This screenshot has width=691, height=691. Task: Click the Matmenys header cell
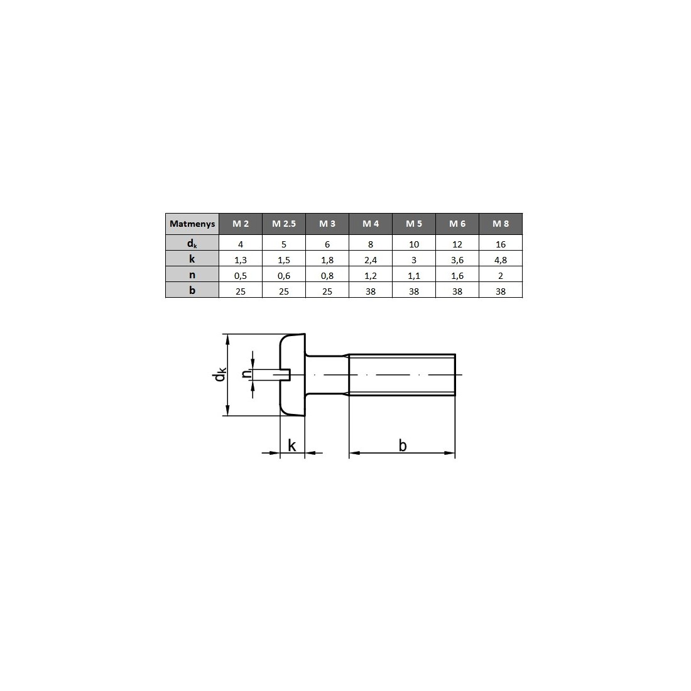(192, 224)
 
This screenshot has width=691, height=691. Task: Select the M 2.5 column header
(284, 224)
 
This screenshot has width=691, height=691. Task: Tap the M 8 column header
(501, 224)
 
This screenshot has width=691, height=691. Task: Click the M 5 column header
(414, 224)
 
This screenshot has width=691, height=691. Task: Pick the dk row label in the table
(192, 243)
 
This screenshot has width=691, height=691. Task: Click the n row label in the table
(192, 275)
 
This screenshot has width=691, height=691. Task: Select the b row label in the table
(192, 290)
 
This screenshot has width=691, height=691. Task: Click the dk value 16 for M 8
(501, 244)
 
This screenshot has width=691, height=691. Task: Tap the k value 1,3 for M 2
(241, 260)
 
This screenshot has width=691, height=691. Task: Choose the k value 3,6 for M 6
(457, 260)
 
